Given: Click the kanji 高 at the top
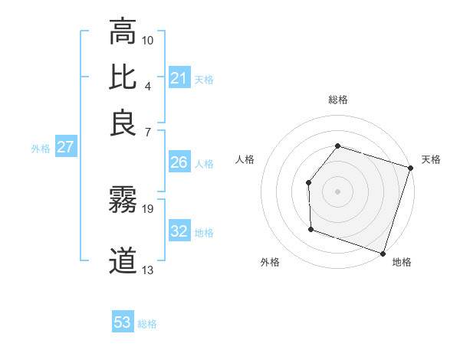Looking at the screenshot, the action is (123, 32).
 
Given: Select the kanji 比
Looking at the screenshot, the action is (123, 77).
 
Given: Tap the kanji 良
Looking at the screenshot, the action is (123, 123).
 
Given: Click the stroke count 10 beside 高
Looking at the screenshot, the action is (148, 39).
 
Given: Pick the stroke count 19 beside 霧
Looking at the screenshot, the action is (148, 208).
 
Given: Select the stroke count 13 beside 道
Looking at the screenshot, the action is (148, 270).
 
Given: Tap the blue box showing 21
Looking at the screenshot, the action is (179, 78).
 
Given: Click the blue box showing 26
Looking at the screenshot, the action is (179, 162).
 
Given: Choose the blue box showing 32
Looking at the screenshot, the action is (179, 232).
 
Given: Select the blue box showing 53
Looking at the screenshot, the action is (123, 322).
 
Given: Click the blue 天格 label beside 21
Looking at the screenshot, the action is (204, 79).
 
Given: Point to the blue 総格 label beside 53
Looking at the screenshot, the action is (147, 324).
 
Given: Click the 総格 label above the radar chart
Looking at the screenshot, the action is (337, 100).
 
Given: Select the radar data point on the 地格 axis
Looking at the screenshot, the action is (383, 253).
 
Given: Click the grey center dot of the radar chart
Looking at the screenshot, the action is (337, 191).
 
